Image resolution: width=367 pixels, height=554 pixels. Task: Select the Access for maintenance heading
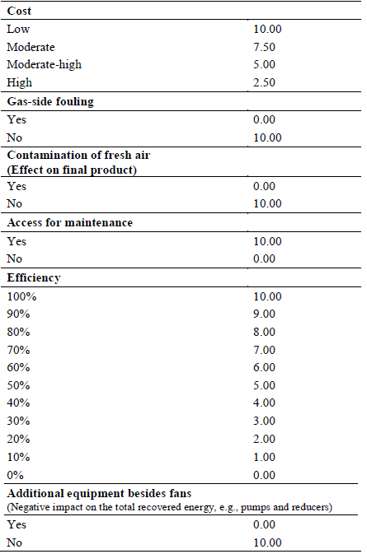pos(69,223)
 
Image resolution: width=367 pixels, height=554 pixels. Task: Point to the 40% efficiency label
pos(18,403)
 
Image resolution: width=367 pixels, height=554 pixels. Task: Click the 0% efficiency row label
pos(16,474)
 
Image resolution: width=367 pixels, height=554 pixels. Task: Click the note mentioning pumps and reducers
pos(169,506)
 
